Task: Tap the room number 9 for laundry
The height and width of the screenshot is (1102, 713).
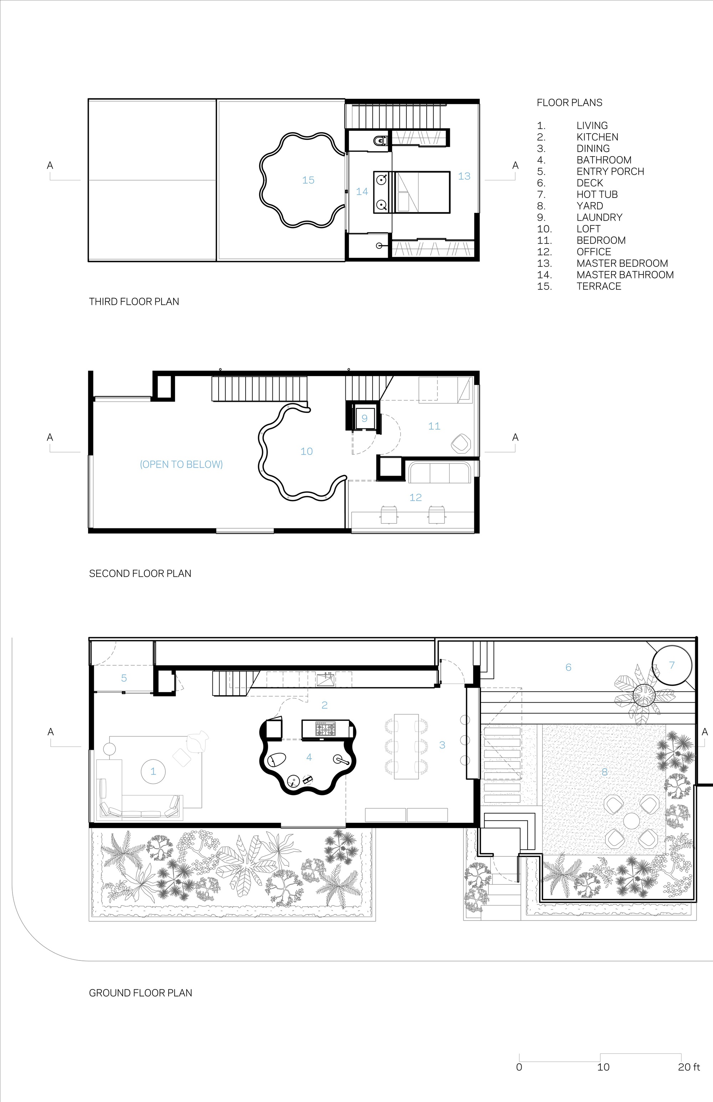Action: pyautogui.click(x=364, y=419)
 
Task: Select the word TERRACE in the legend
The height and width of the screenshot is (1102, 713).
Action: pyautogui.click(x=599, y=286)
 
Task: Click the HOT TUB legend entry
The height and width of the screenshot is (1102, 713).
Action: pyautogui.click(x=597, y=194)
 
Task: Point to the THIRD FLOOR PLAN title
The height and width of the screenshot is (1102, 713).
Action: pyautogui.click(x=134, y=301)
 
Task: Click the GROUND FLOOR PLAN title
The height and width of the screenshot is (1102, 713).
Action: pyautogui.click(x=140, y=993)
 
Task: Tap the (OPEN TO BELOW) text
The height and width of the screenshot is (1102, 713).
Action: pyautogui.click(x=181, y=465)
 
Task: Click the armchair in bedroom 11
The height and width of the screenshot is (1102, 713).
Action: pyautogui.click(x=460, y=444)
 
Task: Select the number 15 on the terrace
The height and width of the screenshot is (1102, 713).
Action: pyautogui.click(x=308, y=180)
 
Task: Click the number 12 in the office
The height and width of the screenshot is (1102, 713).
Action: pyautogui.click(x=415, y=497)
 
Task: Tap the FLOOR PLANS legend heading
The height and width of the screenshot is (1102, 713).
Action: pyautogui.click(x=569, y=103)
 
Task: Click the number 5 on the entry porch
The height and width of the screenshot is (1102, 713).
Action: pyautogui.click(x=124, y=678)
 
